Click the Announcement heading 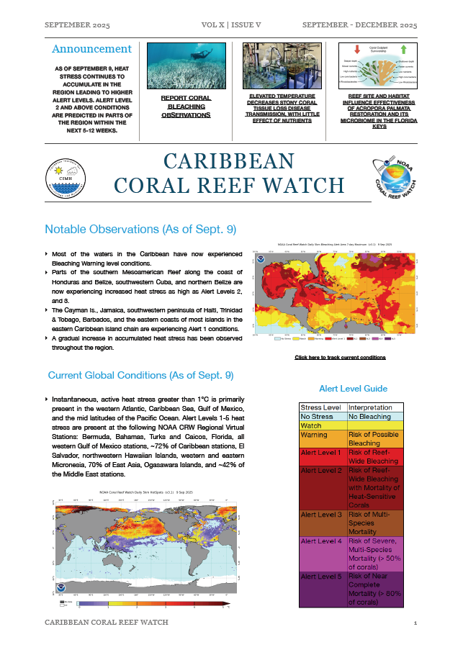click(91, 50)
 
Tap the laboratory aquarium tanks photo click(280, 65)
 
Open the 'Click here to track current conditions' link click(340, 357)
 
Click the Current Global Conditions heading click(140, 375)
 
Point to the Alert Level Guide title click(353, 388)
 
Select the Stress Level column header click(322, 407)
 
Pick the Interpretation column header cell click(376, 407)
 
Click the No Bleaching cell click(376, 417)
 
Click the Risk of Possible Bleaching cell click(376, 439)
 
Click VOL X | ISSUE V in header click(231, 25)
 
